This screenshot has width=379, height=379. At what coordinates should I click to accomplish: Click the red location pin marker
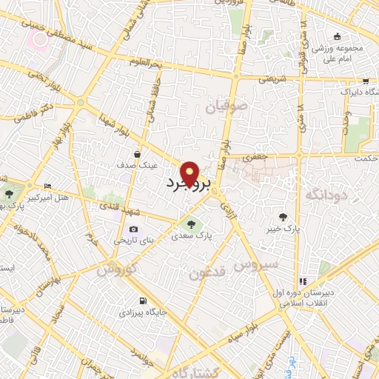(x=189, y=172)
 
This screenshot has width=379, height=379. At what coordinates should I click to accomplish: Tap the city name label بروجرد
(x=187, y=182)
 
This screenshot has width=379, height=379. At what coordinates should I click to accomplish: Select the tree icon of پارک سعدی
(x=187, y=223)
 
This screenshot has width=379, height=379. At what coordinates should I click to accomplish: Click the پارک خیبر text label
(x=284, y=229)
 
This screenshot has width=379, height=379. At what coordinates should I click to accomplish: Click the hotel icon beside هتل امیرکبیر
(x=48, y=186)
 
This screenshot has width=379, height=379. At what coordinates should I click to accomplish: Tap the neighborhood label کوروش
(x=116, y=270)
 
